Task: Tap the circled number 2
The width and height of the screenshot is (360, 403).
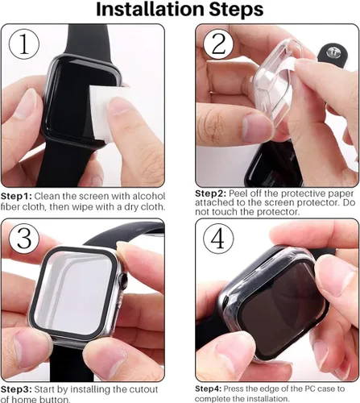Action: [216, 44]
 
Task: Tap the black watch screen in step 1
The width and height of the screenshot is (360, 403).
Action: [60, 105]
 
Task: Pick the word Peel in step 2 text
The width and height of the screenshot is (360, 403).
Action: [242, 194]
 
